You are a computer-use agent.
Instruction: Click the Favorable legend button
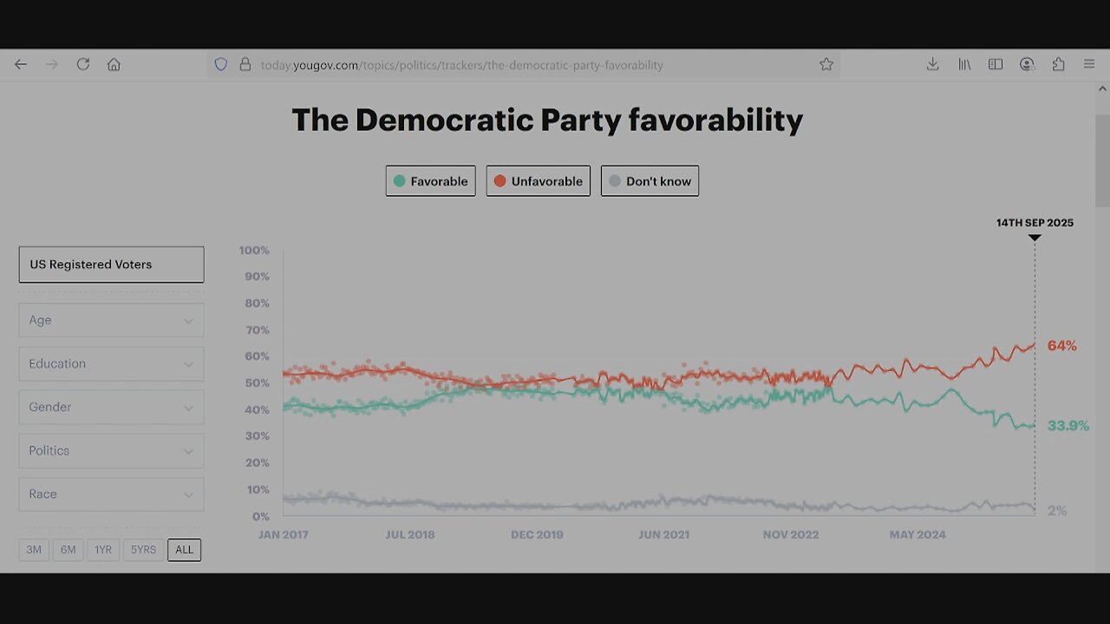[x=430, y=181]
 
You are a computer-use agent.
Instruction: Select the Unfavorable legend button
[x=538, y=181]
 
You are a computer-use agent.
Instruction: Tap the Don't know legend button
[x=650, y=181]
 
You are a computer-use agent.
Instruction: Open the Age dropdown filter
[x=111, y=320]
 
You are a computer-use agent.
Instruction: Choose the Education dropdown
[x=111, y=364]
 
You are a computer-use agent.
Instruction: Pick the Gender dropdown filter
[x=111, y=407]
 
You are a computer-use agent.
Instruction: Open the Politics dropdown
[x=111, y=451]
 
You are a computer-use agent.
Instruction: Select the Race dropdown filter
[x=111, y=494]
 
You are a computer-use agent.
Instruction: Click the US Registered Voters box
[x=111, y=264]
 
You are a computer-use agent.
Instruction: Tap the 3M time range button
[x=34, y=549]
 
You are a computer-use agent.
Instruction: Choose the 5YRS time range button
[x=143, y=549]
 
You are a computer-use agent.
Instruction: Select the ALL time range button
[x=184, y=549]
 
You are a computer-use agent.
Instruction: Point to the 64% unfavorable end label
[x=1061, y=346]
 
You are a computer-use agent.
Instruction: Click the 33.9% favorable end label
[x=1068, y=426]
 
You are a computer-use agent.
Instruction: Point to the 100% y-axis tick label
[x=254, y=250]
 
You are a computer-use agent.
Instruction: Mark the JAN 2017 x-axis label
[x=283, y=535]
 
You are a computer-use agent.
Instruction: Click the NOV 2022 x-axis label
[x=791, y=535]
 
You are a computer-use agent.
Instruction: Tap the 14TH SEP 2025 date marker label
[x=1034, y=223]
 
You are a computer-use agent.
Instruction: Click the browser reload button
[x=83, y=64]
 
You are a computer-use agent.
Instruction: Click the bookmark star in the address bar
[x=826, y=64]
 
